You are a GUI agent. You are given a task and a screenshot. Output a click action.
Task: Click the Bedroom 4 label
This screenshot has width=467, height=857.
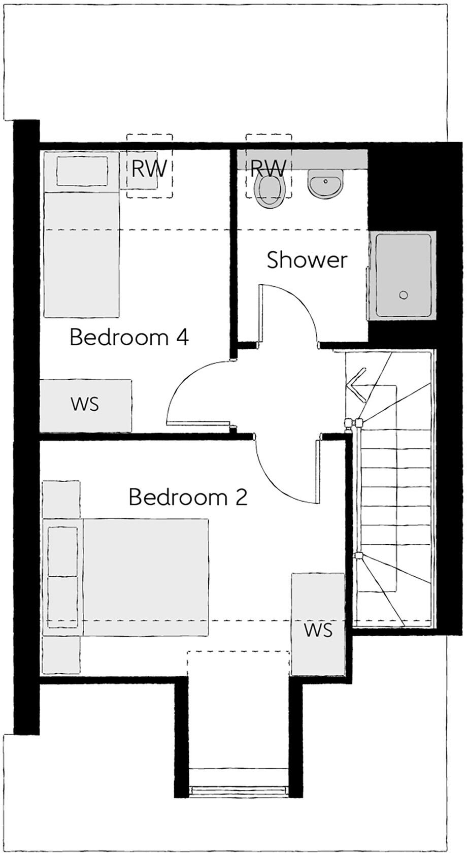(129, 337)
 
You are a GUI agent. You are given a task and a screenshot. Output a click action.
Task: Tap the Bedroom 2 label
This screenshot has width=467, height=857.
(188, 497)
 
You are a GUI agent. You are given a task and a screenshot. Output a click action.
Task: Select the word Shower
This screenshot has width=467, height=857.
(307, 260)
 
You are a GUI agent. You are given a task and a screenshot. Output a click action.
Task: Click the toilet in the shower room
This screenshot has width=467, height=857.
(269, 191)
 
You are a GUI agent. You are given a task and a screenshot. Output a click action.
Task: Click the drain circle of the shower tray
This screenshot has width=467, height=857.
(404, 295)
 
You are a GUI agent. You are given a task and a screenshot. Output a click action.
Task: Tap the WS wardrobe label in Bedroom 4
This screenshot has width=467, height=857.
(85, 405)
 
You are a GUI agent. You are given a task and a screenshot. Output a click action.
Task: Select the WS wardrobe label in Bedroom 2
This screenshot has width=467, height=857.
(318, 630)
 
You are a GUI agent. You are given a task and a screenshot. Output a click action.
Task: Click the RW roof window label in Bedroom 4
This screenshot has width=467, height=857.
(148, 169)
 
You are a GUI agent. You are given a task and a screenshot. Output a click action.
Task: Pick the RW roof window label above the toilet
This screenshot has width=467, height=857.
(269, 167)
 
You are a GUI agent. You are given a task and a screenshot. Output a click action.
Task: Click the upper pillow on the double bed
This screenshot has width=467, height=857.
(63, 551)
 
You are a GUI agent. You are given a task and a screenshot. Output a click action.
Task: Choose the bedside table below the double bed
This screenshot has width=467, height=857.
(61, 654)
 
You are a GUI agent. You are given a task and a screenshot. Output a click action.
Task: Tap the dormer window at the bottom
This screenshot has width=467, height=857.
(239, 790)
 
